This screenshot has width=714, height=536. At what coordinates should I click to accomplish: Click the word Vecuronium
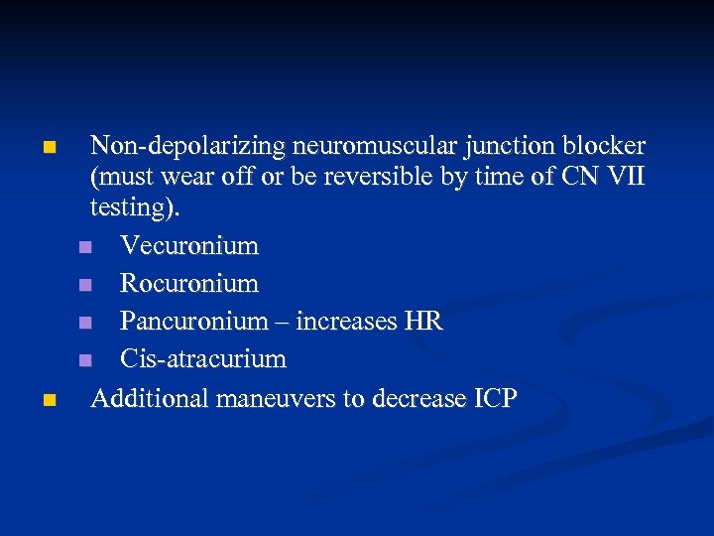point(188,245)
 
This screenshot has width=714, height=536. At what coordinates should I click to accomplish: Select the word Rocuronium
point(188,283)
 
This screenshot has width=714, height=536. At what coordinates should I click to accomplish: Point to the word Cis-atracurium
point(202,358)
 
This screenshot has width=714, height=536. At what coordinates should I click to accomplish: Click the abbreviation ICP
point(494,398)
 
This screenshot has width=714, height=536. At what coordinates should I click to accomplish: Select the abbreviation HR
point(423,321)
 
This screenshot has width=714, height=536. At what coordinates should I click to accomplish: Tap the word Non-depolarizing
point(187,147)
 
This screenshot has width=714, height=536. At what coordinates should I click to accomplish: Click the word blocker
point(605,146)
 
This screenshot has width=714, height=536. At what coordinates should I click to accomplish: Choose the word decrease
point(417,398)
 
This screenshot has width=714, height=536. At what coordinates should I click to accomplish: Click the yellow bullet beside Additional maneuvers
point(50,400)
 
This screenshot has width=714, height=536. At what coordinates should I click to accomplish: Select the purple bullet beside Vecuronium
point(87,246)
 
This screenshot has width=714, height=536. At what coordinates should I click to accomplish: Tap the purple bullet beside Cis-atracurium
point(87,359)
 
